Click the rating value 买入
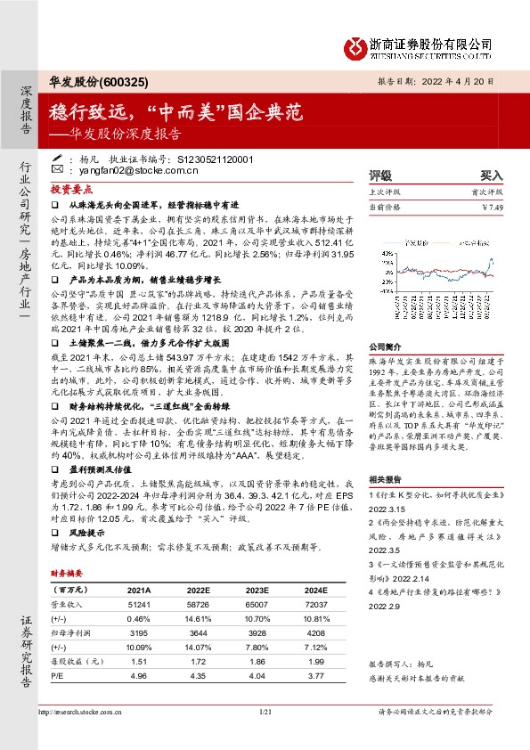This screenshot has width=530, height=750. click(492, 176)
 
